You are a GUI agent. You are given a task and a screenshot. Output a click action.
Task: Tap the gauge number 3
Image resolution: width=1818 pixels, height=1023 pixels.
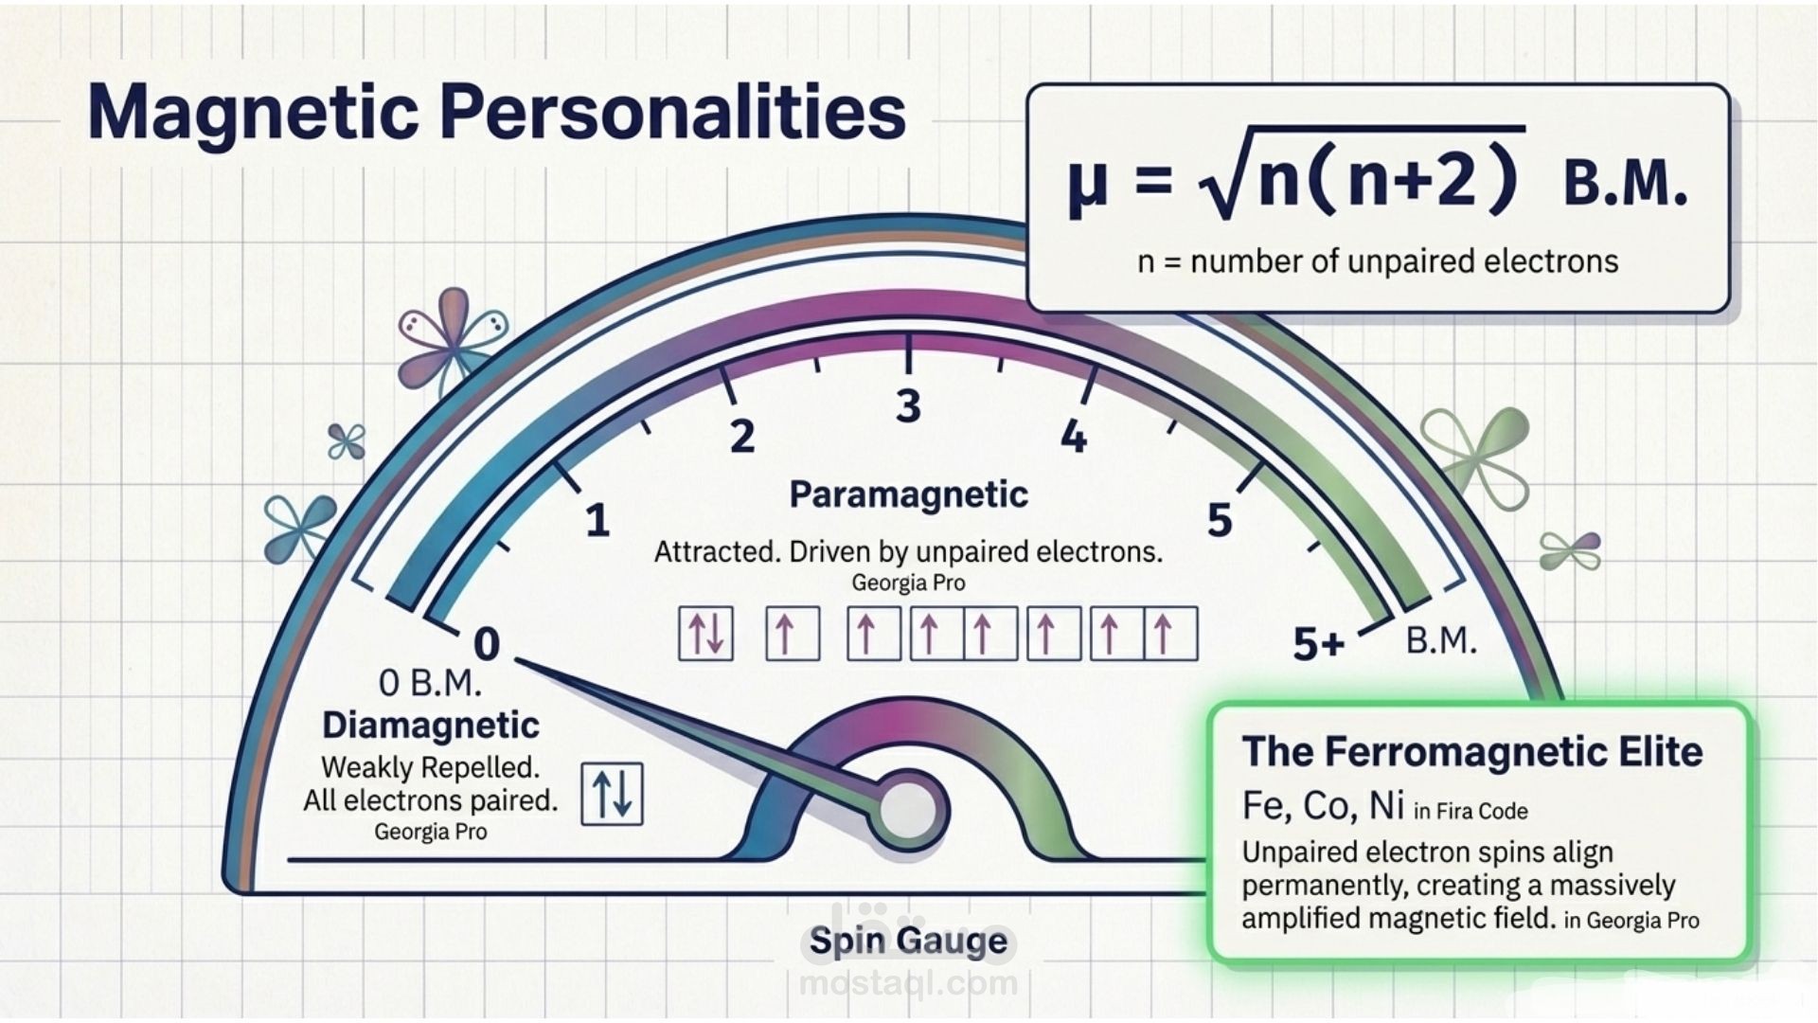point(908,406)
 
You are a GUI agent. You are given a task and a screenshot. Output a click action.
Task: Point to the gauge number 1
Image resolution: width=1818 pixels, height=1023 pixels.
point(597,521)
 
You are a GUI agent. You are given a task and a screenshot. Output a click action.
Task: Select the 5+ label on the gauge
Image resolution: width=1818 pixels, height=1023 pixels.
point(1318,645)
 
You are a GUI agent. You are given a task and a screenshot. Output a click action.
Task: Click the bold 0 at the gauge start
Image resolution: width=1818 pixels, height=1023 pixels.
point(486,645)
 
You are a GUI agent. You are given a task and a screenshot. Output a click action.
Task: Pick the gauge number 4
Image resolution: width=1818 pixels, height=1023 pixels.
point(1073,437)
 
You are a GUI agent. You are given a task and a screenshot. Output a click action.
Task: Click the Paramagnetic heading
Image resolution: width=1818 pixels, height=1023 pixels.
point(908,494)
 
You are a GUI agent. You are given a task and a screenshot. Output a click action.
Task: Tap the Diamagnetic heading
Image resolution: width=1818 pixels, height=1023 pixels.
point(431,726)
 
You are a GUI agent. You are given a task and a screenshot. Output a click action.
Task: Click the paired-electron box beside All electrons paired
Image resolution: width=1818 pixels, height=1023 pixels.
point(612,794)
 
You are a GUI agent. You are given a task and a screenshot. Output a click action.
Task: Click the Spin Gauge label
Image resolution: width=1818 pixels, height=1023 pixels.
point(908,941)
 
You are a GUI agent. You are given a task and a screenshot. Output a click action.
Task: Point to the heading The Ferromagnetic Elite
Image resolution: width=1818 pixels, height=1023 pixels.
point(1471,752)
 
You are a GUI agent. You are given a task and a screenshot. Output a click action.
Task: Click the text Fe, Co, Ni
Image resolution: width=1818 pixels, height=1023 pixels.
point(1322,806)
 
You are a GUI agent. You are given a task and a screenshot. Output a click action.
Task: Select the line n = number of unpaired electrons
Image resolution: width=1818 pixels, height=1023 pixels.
point(1378,261)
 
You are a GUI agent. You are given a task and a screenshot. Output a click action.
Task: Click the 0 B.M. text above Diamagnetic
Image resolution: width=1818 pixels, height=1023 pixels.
point(431,683)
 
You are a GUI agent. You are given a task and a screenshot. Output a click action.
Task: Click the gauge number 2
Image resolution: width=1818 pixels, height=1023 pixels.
point(742,437)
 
